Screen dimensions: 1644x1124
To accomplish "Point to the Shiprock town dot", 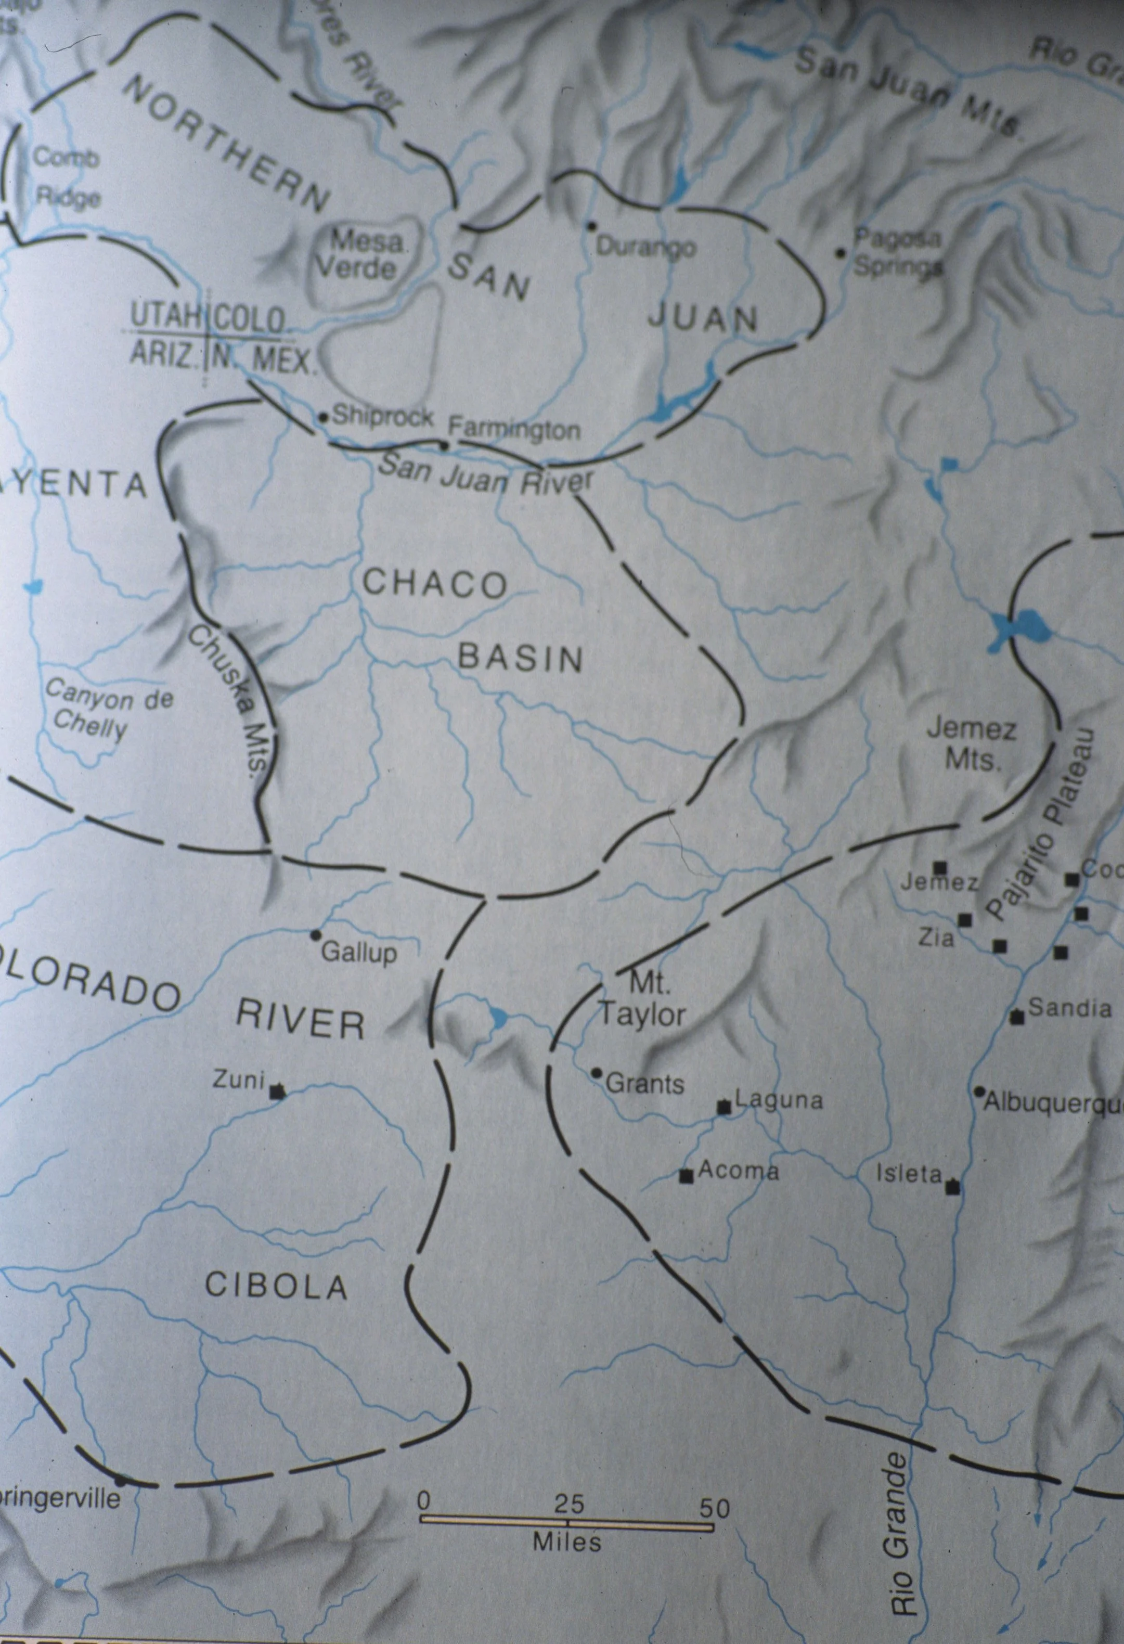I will pos(324,417).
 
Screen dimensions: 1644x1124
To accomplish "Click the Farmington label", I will pos(514,429).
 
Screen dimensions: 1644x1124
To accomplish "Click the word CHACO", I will pos(434,584).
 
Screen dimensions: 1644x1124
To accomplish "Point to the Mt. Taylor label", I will pos(641,1001).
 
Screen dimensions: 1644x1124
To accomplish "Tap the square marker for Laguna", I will pos(724,1108).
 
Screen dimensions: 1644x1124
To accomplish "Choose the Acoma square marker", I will pos(684,1176).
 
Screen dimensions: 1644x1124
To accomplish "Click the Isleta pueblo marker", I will pos(953,1188).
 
